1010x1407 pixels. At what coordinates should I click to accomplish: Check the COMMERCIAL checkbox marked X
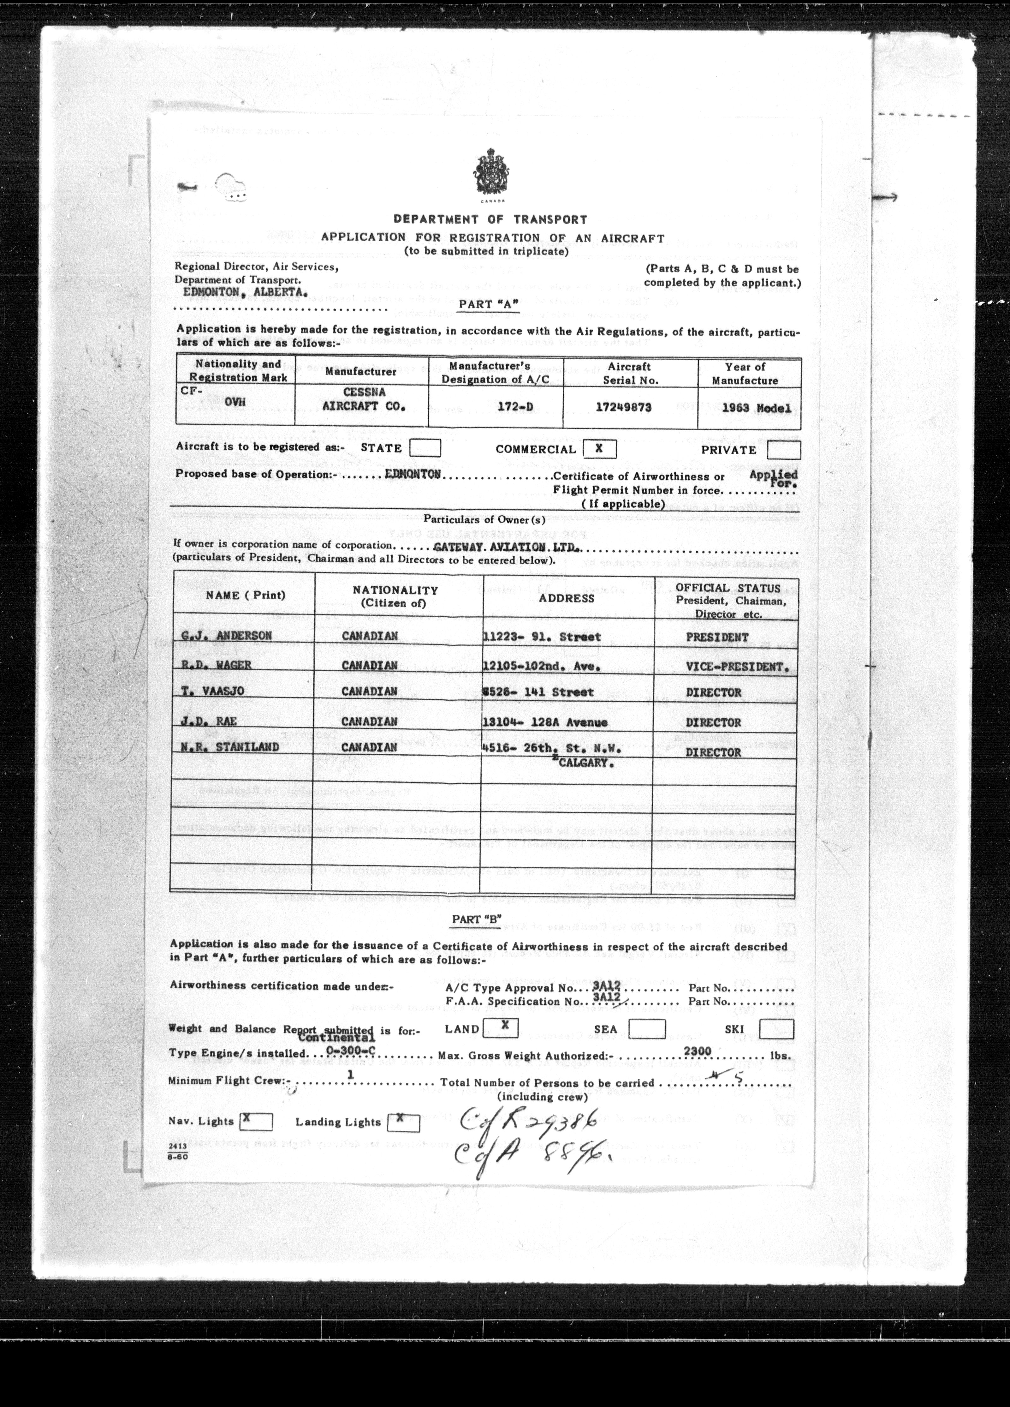pos(597,448)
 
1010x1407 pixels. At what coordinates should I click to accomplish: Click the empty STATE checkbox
pos(425,448)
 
